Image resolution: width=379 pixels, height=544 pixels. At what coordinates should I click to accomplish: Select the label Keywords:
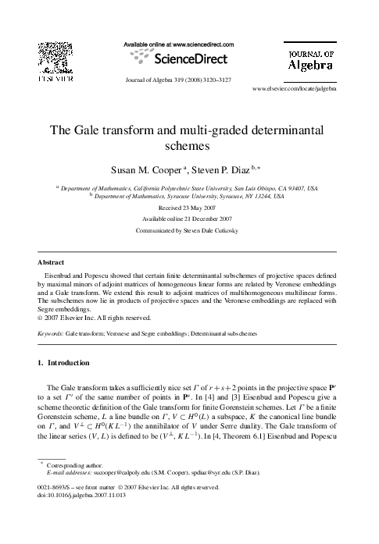[51, 332]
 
